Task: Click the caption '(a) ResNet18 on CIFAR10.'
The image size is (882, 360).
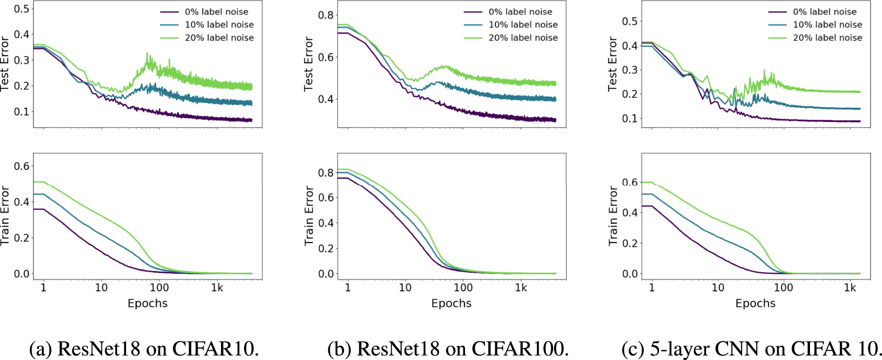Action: pos(144,348)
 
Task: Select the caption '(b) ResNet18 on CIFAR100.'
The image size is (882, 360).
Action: pos(448,348)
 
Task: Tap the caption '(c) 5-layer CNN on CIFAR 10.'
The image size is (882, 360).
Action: pos(751,348)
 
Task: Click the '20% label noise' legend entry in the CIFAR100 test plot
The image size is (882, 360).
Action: pos(523,38)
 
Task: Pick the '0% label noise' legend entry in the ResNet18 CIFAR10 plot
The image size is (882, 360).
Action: pos(216,12)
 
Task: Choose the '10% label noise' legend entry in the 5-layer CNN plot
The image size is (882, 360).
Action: pos(827,24)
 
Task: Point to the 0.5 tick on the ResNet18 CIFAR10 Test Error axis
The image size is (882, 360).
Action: pos(22,9)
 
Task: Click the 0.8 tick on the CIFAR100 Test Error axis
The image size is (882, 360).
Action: pos(326,15)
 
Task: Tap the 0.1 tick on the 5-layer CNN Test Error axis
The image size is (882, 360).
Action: pos(630,119)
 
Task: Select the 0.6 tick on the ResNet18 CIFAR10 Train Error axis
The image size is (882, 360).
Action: pos(22,166)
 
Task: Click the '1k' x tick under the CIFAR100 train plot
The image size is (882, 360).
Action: pos(521,288)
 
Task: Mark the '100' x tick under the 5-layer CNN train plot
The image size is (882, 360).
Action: pos(783,288)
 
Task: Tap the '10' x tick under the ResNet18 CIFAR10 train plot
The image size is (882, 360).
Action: pos(101,288)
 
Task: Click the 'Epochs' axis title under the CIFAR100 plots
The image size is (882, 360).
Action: pos(451,304)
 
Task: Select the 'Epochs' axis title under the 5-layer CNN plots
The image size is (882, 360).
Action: pos(755,304)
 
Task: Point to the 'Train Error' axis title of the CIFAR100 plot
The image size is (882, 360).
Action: pos(309,216)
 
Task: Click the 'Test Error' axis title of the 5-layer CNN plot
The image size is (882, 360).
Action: pos(612,64)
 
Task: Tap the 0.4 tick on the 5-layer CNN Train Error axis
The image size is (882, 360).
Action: pos(630,213)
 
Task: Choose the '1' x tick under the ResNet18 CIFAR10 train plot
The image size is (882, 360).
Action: pos(43,288)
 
